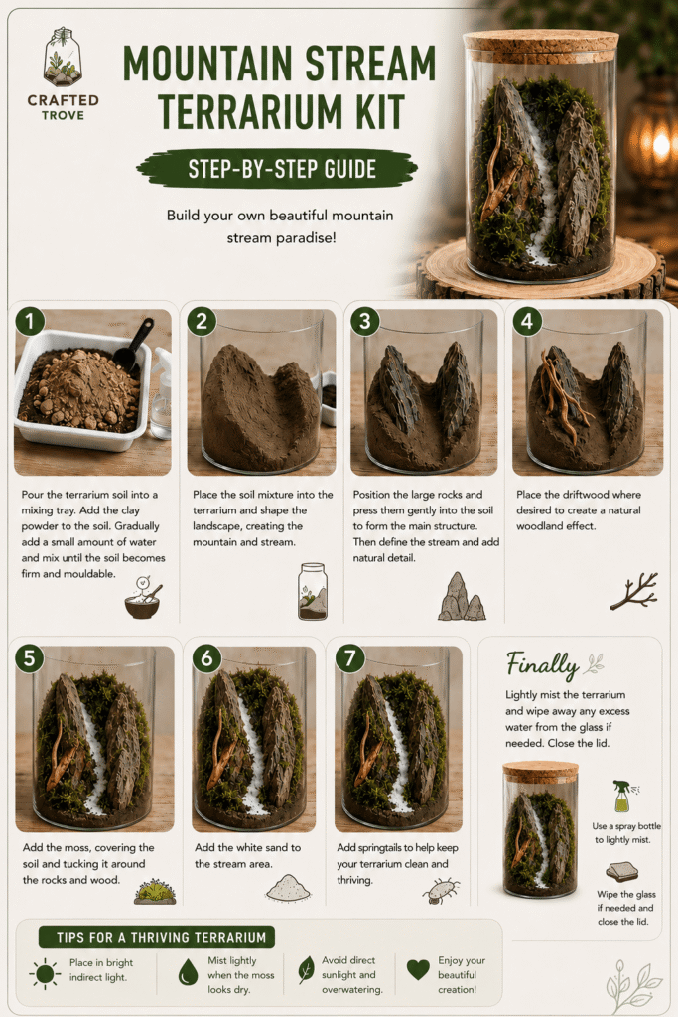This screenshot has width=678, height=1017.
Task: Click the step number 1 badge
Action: click(30, 321)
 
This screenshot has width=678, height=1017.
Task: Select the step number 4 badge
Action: click(527, 321)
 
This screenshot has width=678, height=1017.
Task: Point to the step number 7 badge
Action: click(350, 657)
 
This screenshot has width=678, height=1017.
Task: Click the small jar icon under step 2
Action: click(313, 591)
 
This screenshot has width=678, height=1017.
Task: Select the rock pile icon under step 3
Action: click(462, 597)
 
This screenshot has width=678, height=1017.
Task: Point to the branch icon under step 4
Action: click(634, 592)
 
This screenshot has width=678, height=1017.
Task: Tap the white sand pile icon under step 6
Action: click(288, 888)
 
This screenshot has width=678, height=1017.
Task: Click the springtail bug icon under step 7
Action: click(441, 891)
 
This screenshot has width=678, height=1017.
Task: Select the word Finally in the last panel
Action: click(542, 664)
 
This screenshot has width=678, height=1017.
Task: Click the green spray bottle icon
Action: click(622, 796)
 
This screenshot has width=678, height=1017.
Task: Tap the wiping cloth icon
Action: click(622, 872)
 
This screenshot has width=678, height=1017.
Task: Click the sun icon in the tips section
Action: click(45, 973)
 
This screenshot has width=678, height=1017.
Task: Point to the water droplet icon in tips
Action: click(188, 972)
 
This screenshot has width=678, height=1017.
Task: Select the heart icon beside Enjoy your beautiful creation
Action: click(418, 970)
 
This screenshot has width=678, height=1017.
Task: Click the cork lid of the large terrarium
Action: click(541, 46)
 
